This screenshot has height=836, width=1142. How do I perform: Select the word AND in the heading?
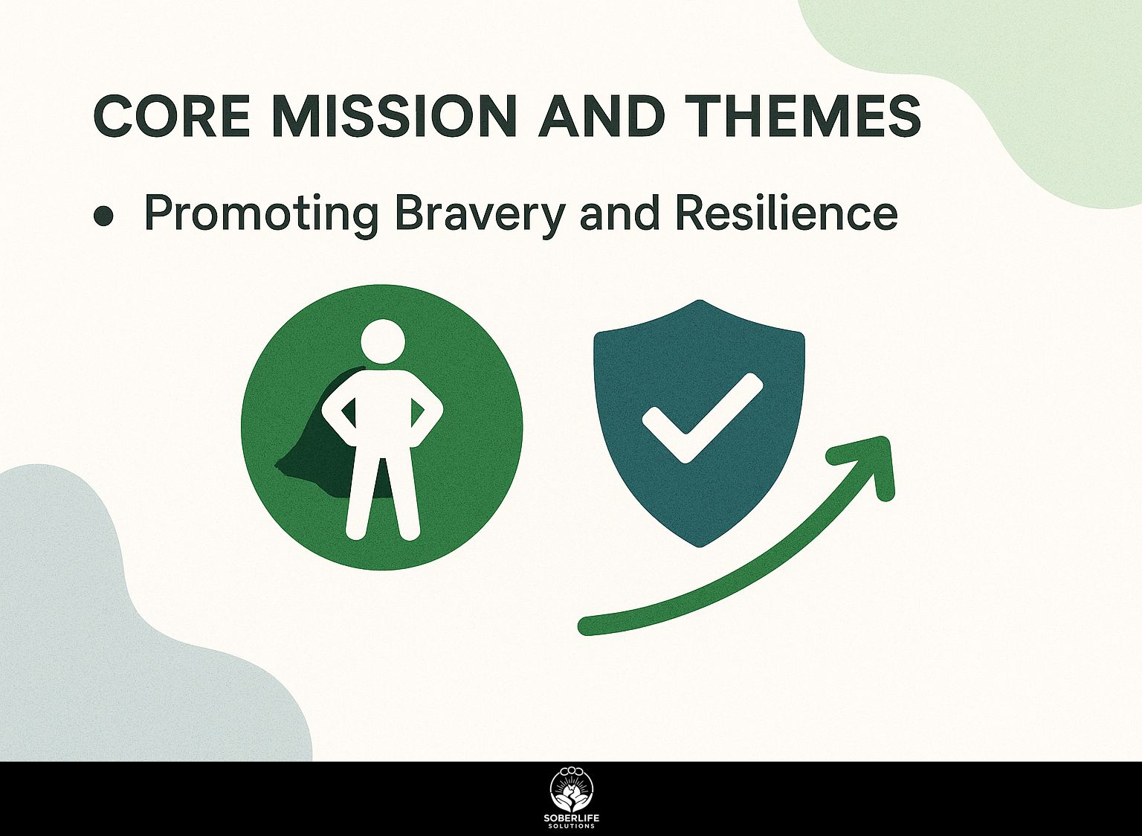click(x=601, y=116)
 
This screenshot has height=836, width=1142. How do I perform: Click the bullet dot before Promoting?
click(x=104, y=216)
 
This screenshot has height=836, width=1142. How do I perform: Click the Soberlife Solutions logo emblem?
click(x=571, y=790)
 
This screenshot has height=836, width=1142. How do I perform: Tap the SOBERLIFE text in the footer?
click(x=571, y=819)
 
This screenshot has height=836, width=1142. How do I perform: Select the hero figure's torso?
click(x=383, y=417)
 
